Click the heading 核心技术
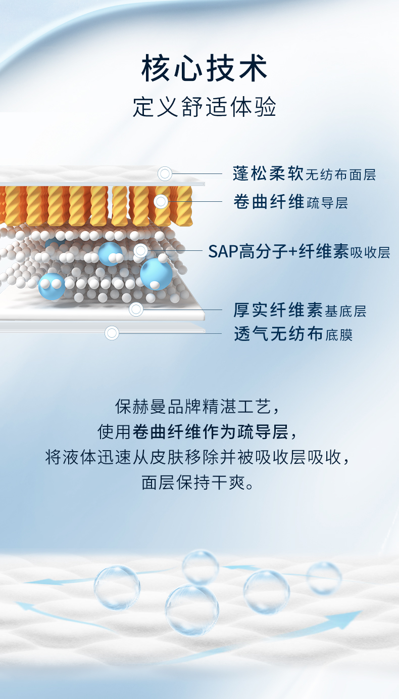[x=204, y=68]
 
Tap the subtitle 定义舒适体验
[x=205, y=107]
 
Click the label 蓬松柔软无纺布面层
[x=304, y=174]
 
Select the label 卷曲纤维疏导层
[x=290, y=202]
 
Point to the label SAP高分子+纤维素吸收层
[x=299, y=251]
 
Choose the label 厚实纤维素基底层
[x=300, y=310]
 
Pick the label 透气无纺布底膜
[x=293, y=334]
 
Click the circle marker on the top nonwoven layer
[x=165, y=173]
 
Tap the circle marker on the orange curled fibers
[x=161, y=202]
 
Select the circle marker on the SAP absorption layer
[x=140, y=250]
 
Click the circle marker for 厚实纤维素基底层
[x=136, y=310]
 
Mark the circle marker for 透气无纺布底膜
[x=112, y=333]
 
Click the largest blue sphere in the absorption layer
[x=156, y=274]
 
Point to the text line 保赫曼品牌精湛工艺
[x=197, y=406]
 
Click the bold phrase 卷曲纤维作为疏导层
[x=211, y=432]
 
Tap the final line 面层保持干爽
[x=197, y=483]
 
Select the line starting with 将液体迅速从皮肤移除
[x=197, y=457]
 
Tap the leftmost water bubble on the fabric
[x=117, y=588]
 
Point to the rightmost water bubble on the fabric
[x=324, y=578]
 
